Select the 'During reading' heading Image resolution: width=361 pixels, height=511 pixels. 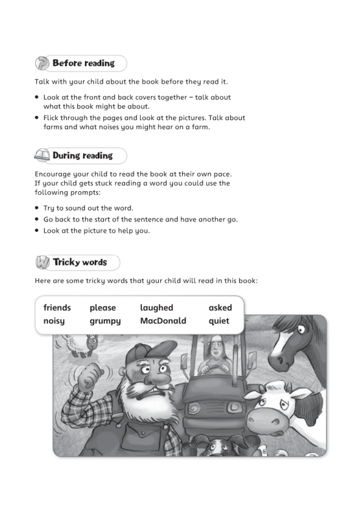click(x=83, y=155)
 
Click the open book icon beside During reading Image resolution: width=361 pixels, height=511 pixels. click(x=42, y=156)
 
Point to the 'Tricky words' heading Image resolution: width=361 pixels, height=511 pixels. click(x=79, y=262)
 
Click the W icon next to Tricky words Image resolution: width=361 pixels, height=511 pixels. click(x=42, y=263)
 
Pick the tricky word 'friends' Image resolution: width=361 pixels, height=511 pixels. click(x=57, y=308)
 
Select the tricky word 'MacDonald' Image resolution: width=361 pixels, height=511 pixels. click(x=163, y=320)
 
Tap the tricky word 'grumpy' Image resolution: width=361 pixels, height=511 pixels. click(x=105, y=321)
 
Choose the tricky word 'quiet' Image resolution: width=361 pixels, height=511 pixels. click(x=219, y=320)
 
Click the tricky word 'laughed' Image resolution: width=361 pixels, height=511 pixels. click(x=157, y=308)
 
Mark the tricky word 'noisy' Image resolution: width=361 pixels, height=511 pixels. click(x=54, y=320)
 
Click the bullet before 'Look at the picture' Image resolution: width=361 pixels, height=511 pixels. click(x=37, y=231)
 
